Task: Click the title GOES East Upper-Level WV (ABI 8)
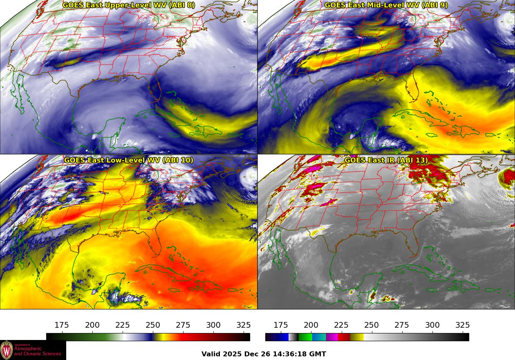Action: tap(129, 5)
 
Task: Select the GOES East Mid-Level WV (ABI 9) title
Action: tap(386, 5)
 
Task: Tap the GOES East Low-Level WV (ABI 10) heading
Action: tap(129, 160)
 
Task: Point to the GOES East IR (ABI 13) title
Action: tap(386, 160)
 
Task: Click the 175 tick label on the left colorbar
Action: tap(62, 325)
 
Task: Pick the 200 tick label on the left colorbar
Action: tap(92, 325)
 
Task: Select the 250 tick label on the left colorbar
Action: tap(153, 325)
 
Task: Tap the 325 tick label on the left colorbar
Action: tap(244, 325)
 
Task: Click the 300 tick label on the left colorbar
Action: tap(213, 325)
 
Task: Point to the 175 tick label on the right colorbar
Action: tap(281, 325)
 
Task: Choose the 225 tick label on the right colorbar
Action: tap(341, 325)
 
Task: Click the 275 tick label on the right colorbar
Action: tap(402, 325)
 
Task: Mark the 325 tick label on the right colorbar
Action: tap(463, 325)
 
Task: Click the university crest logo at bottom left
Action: tap(7, 350)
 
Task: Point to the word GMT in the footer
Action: tap(318, 354)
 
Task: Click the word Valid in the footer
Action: tap(212, 354)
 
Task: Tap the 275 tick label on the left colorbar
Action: tap(183, 325)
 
